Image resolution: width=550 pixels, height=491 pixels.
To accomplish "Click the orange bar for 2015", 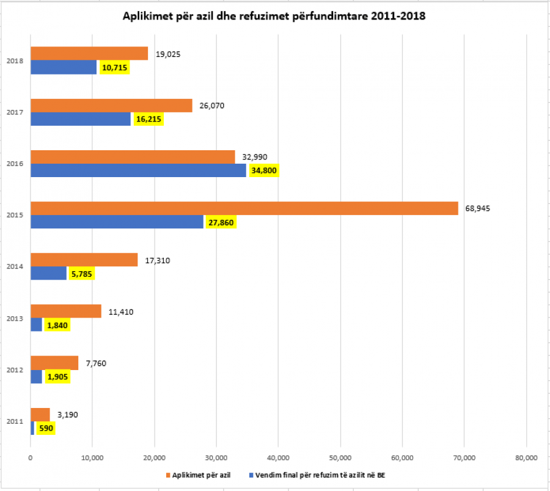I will pos(244,208).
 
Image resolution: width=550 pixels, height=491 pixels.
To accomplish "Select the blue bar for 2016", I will pos(138,170).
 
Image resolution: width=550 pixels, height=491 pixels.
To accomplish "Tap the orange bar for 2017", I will pos(111,106).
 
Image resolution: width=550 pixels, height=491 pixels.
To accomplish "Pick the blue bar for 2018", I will pos(64,67).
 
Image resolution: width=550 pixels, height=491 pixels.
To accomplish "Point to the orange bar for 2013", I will pos(66,311).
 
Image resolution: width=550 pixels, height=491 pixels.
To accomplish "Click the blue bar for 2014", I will pos(48,273).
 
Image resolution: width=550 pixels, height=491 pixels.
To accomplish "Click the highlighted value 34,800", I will pos(264,171).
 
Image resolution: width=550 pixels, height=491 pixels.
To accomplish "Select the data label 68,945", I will pos(477,208).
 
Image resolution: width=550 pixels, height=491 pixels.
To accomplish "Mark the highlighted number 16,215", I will pos(148,120).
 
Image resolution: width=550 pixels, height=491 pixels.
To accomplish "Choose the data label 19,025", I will pos(168,54).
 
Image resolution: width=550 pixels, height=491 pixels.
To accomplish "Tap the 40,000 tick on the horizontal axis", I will pos(278,457).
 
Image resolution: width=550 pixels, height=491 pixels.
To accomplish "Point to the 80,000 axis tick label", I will pos(526,457).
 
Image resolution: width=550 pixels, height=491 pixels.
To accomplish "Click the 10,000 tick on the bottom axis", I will pos(92,457).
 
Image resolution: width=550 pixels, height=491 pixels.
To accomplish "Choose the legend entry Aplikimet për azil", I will pos(202,475).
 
